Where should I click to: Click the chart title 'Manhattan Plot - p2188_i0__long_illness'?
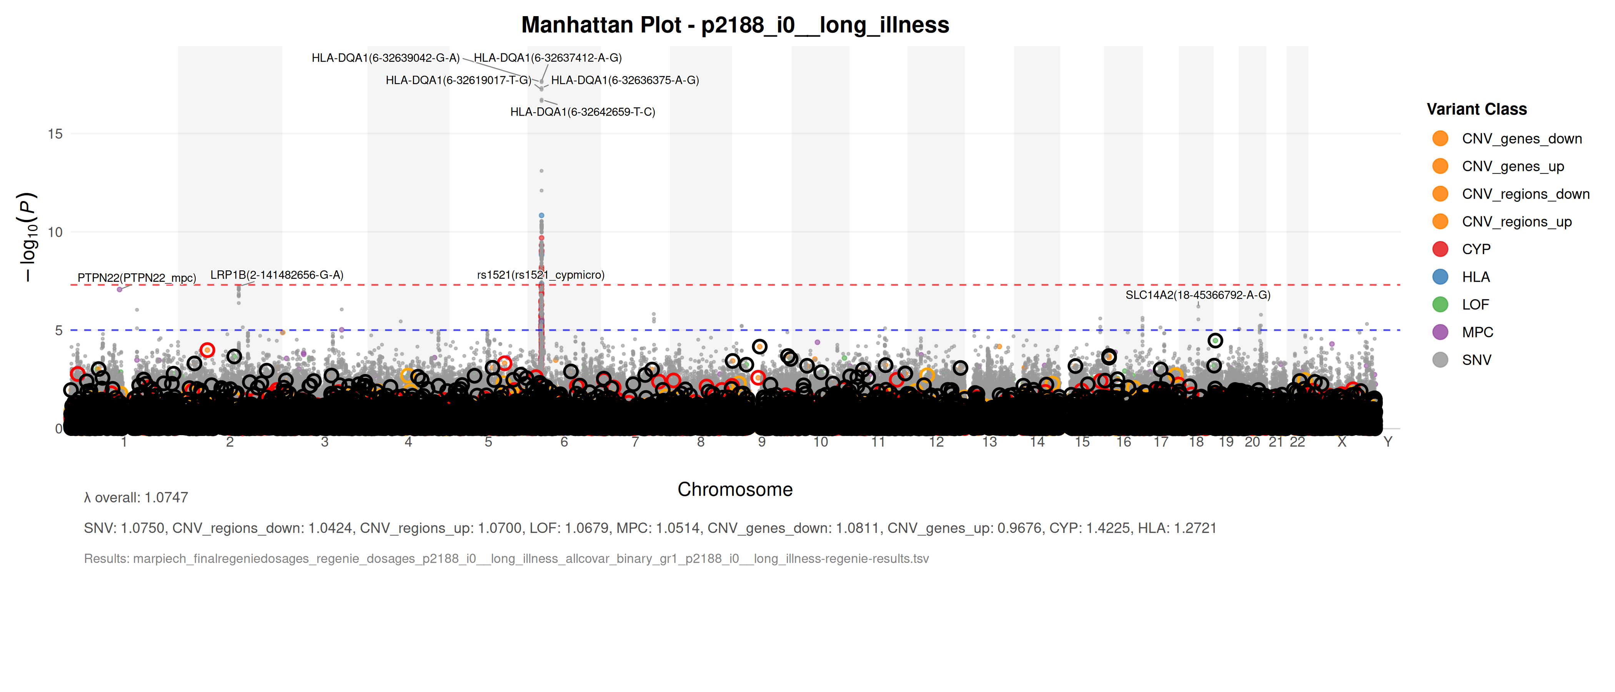pos(735,25)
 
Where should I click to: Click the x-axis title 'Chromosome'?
pos(735,489)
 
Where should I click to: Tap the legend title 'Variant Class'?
pos(1477,109)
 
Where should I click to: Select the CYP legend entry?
pos(1476,250)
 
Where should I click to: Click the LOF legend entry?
pos(1475,304)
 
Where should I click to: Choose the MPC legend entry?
pos(1477,332)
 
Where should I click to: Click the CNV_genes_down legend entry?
pos(1522,138)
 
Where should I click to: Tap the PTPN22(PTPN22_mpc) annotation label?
pos(137,278)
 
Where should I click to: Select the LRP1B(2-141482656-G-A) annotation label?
pos(276,275)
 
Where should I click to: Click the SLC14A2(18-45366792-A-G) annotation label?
pos(1197,295)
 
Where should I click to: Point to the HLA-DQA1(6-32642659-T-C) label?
pos(583,112)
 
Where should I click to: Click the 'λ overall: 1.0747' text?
pos(136,498)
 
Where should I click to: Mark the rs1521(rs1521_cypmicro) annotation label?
pos(540,275)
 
